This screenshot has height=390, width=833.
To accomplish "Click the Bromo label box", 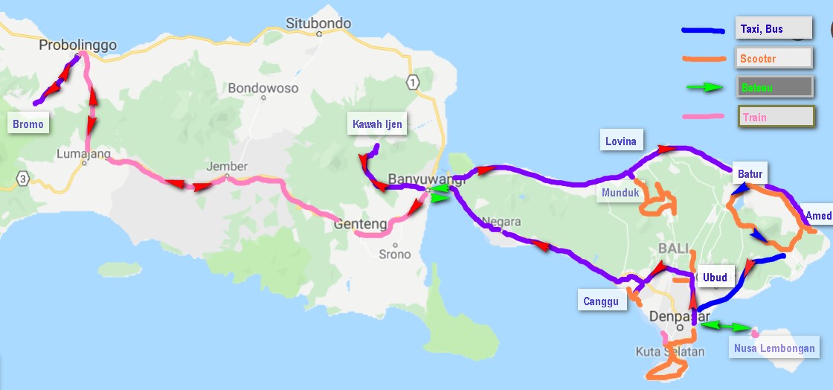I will [28, 124].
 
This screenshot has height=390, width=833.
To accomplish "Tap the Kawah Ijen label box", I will [378, 124].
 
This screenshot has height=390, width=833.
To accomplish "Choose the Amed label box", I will [818, 216].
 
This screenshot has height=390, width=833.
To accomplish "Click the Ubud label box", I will [714, 278].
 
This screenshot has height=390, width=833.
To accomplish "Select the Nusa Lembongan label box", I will [773, 348].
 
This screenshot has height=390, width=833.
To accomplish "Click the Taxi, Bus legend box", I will [773, 30].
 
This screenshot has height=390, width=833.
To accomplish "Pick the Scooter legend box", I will [774, 58].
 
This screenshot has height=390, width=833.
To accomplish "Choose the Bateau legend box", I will [773, 87].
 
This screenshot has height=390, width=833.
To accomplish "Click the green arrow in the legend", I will [704, 87].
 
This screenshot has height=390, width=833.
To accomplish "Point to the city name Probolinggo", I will [78, 45].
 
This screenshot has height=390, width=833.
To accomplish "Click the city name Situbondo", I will [318, 23].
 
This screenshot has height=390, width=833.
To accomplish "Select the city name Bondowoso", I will [263, 88].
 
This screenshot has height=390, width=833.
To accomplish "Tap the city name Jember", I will [227, 167].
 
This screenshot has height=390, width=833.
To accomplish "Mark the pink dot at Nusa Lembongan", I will [756, 332].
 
